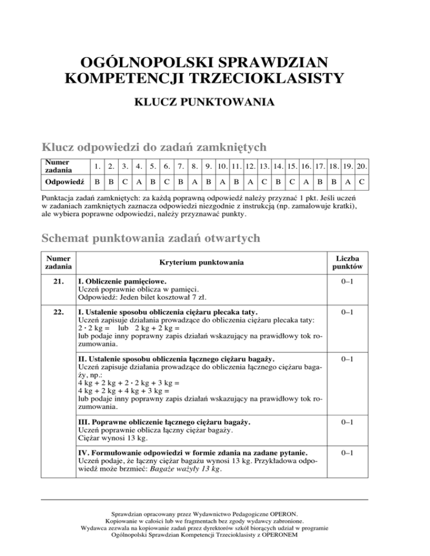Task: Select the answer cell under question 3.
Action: coord(125,182)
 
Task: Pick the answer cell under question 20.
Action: coord(361,182)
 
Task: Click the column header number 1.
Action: coord(99,166)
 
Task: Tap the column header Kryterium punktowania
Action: coord(201,262)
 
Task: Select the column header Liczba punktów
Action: coord(346,262)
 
